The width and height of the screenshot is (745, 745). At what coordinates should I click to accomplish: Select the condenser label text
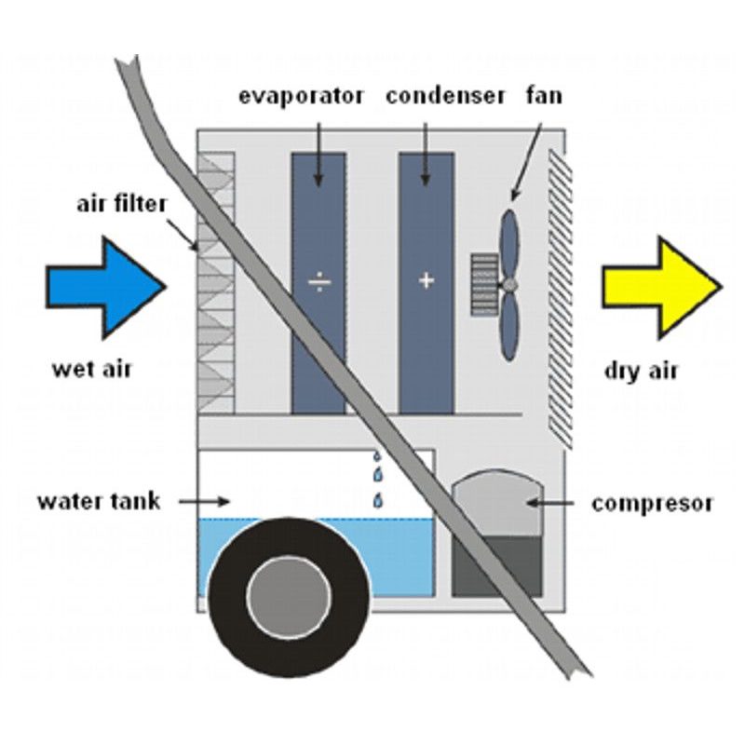tap(445, 96)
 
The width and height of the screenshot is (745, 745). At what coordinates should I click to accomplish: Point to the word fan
tap(544, 96)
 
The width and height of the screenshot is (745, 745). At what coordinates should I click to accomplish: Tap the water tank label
tap(99, 501)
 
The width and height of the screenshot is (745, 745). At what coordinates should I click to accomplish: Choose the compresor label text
tap(652, 504)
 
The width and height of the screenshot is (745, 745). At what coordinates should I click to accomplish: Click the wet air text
tap(92, 369)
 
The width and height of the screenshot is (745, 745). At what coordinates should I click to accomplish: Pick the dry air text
tap(642, 371)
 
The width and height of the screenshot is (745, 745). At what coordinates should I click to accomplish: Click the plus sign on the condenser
tap(427, 279)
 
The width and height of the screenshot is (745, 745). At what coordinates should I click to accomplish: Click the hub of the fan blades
tap(509, 283)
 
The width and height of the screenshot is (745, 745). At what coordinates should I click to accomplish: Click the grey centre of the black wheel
tap(289, 597)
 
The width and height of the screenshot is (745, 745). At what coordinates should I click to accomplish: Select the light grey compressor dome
tap(495, 503)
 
